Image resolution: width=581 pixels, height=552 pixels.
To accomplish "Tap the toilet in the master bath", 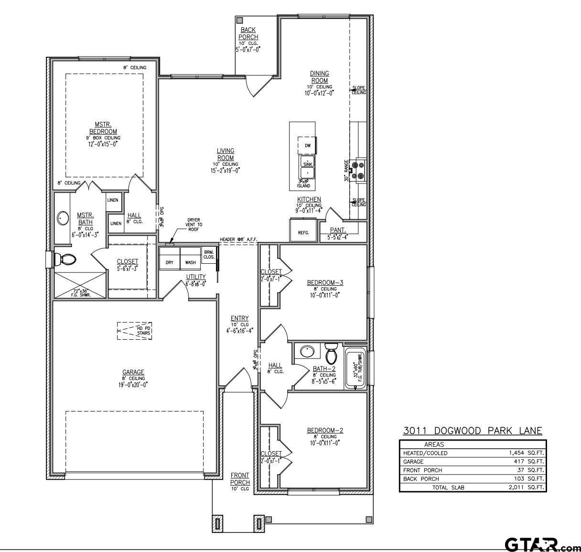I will click(65, 260).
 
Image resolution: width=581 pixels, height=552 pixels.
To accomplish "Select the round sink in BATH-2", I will click(307, 352).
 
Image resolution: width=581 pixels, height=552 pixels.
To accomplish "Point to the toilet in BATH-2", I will click(331, 354).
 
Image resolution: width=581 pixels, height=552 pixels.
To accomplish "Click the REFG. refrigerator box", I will click(303, 230).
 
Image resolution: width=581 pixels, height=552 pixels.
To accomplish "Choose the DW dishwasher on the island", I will click(308, 145).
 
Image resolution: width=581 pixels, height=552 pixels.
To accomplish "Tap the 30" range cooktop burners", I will click(357, 171).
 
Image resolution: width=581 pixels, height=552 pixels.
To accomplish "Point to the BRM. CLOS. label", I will click(209, 254).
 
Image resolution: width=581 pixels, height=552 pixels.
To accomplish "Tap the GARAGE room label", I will click(133, 372).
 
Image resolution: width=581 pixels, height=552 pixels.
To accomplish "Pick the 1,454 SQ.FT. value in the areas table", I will click(526, 453).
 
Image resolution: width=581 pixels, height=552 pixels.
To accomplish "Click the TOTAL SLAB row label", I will click(448, 487).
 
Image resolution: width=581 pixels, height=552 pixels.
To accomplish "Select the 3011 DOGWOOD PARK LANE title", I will click(473, 431).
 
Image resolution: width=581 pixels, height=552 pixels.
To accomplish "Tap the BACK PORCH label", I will click(248, 33).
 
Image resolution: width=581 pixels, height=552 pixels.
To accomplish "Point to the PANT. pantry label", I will click(338, 230).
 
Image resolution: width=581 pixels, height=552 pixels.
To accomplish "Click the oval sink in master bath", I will click(63, 218).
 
